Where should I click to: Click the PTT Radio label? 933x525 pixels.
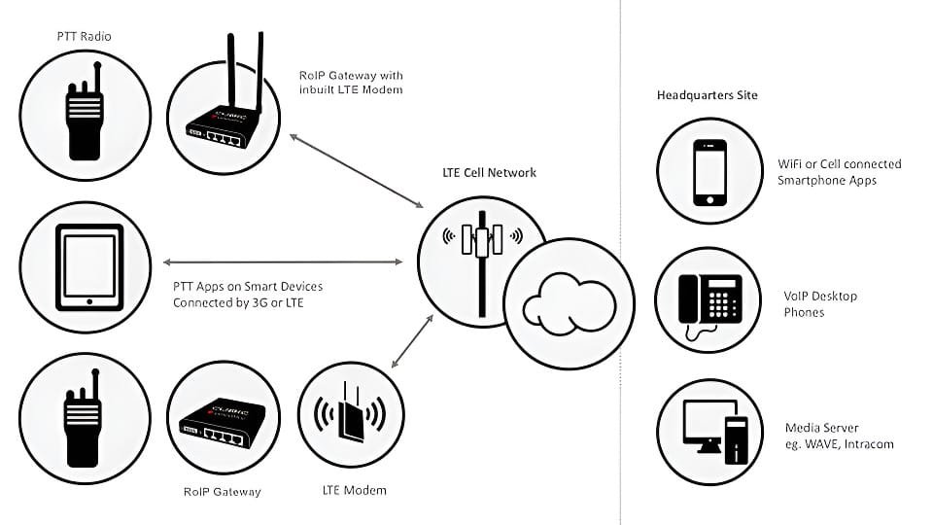coord(84,37)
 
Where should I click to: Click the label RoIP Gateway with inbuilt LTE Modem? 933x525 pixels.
coord(351,83)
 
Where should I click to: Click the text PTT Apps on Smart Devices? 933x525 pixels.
coord(248,287)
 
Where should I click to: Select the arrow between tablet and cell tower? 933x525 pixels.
coord(283,262)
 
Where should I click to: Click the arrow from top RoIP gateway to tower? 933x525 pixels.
coord(357,171)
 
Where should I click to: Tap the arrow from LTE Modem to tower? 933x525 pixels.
coord(412,340)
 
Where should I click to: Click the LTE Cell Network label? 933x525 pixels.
coord(489,173)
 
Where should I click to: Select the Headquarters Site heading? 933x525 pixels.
coord(707,95)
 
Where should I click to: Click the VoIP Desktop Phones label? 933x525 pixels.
coord(820,304)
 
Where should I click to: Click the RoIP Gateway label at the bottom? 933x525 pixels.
coord(222,492)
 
